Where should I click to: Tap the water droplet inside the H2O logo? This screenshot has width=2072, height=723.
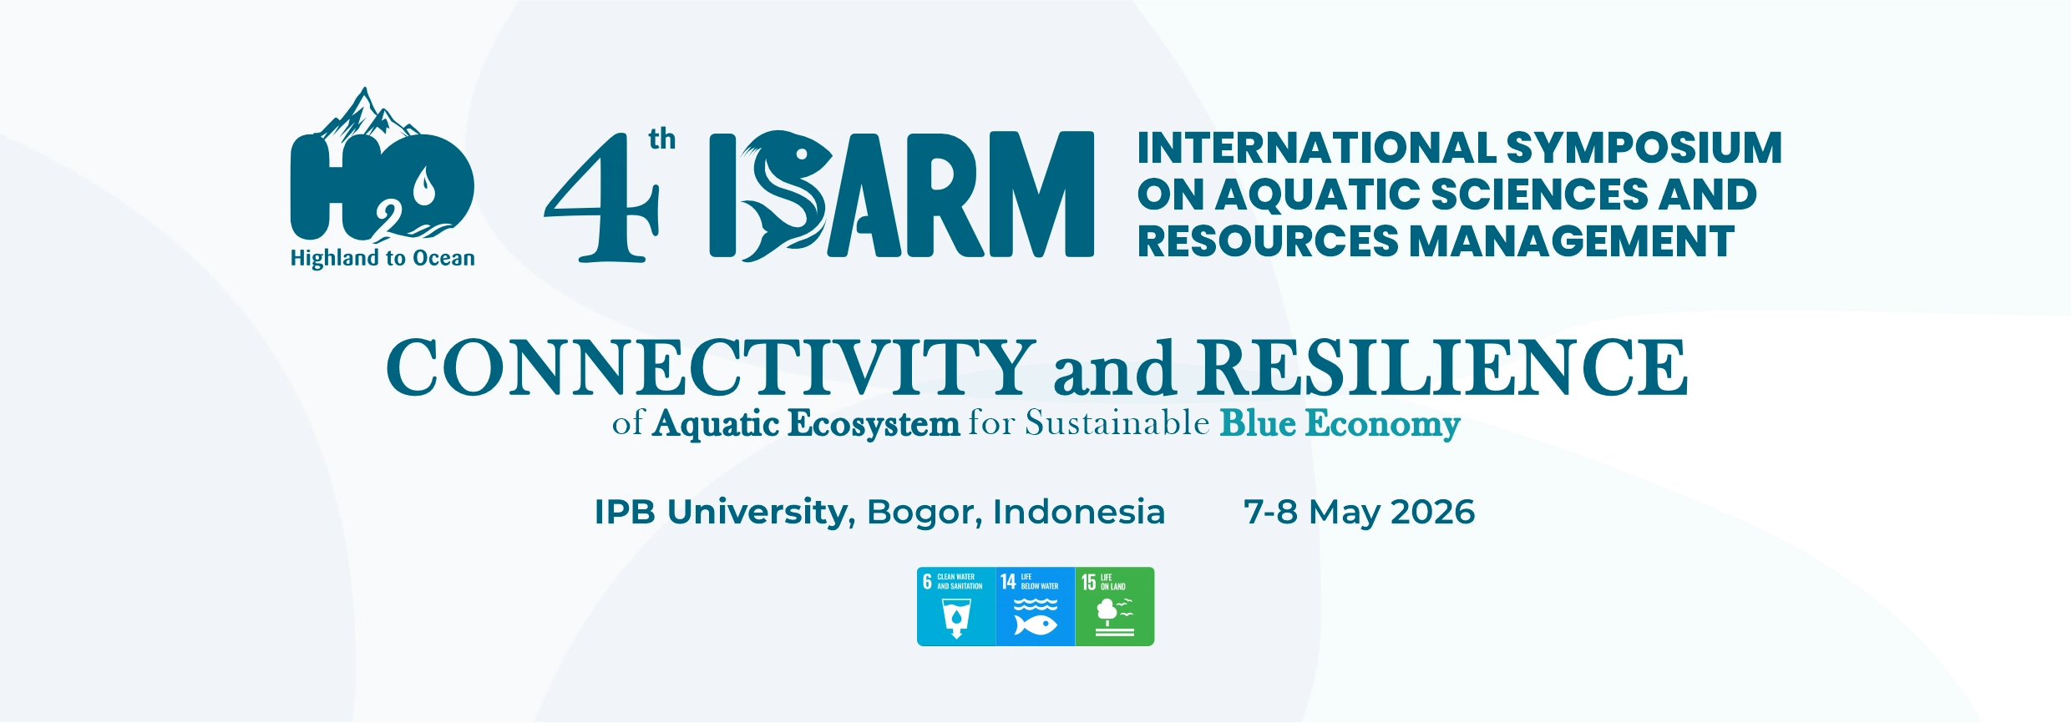[x=425, y=187]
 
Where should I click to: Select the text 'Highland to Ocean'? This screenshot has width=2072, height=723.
[x=382, y=258]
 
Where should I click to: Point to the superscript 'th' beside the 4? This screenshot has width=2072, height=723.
[x=662, y=139]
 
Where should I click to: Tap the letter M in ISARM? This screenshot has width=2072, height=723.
[x=1041, y=194]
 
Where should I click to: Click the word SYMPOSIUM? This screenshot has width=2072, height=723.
[x=1644, y=148]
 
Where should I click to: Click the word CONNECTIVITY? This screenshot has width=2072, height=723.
[x=711, y=367]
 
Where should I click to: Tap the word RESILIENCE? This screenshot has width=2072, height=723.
[x=1442, y=367]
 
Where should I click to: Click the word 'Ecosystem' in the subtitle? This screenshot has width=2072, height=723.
[x=874, y=423]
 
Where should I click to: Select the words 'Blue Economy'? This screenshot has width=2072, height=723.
[x=1340, y=423]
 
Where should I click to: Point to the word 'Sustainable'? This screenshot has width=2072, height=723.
[x=1117, y=422]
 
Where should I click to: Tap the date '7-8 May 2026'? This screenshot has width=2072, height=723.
[x=1360, y=512]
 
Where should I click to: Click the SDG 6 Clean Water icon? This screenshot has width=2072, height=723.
[x=956, y=607]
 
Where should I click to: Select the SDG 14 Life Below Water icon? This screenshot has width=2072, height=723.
[x=1036, y=607]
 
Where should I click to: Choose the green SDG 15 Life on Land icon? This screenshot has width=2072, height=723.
[x=1115, y=607]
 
